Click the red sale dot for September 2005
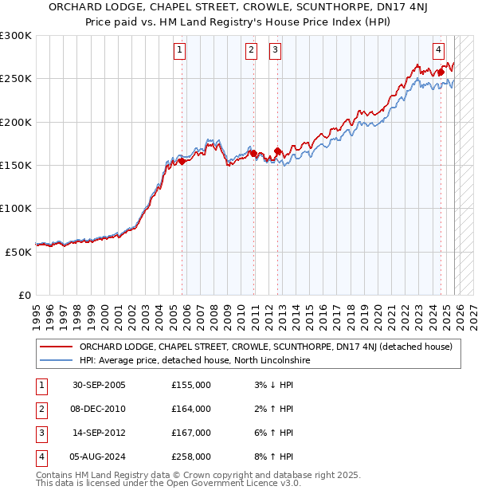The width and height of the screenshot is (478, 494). point(182,161)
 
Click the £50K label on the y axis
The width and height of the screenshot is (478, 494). point(19,251)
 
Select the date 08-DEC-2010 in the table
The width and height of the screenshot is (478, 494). point(98,409)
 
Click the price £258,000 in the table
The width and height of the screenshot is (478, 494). point(191,457)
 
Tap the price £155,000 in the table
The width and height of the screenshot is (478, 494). point(191,385)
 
